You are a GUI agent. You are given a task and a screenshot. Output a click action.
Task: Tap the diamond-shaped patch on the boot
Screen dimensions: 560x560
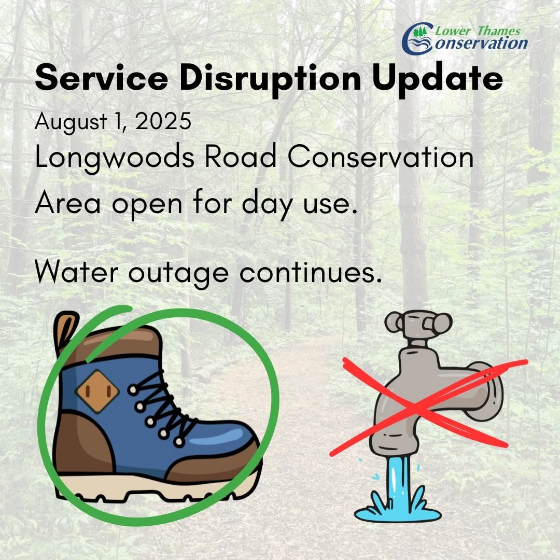point(97,392)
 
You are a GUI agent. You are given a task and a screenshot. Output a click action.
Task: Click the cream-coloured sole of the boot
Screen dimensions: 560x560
point(156,485)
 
